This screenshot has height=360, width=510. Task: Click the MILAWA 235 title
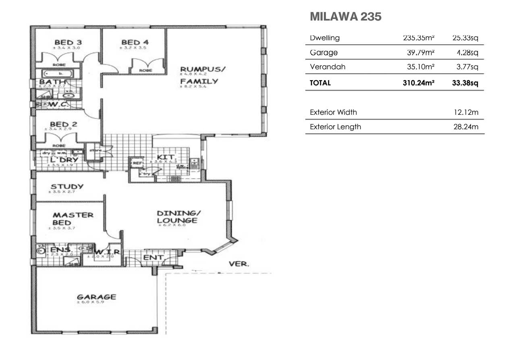click(345, 17)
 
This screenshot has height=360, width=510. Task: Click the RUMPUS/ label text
click(203, 69)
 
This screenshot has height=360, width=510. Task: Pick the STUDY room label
click(67, 186)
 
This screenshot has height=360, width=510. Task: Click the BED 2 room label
click(63, 124)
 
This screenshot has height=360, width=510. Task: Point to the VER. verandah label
click(239, 264)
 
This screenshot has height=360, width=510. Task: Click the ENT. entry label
click(153, 257)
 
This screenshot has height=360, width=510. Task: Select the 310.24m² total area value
click(418, 83)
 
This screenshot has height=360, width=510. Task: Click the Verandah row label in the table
click(328, 67)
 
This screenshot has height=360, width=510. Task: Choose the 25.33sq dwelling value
click(465, 38)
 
